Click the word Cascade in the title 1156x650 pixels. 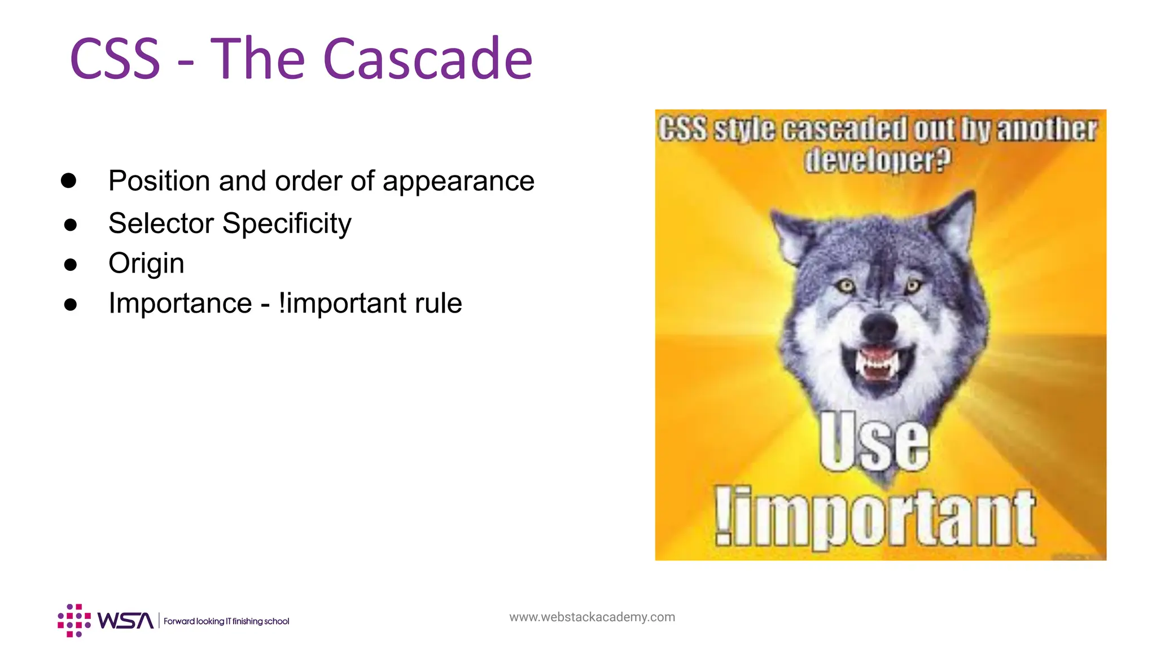pyautogui.click(x=427, y=59)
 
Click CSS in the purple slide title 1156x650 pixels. pyautogui.click(x=115, y=59)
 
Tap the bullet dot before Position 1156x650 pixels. pyautogui.click(x=68, y=181)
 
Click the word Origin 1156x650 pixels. pyautogui.click(x=146, y=263)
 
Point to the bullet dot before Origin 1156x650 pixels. pyautogui.click(x=70, y=265)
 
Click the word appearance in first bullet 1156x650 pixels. pyautogui.click(x=458, y=181)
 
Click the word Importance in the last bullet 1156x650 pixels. pyautogui.click(x=180, y=304)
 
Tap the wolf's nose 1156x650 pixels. pyautogui.click(x=879, y=326)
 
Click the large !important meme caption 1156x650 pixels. pyautogui.click(x=875, y=518)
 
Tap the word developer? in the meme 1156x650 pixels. pyautogui.click(x=877, y=160)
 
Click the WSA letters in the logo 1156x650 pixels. pyautogui.click(x=125, y=621)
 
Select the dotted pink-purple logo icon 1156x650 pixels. pyautogui.click(x=74, y=620)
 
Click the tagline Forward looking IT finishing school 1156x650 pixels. pyautogui.click(x=226, y=621)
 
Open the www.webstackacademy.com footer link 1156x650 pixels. pyautogui.click(x=592, y=617)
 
